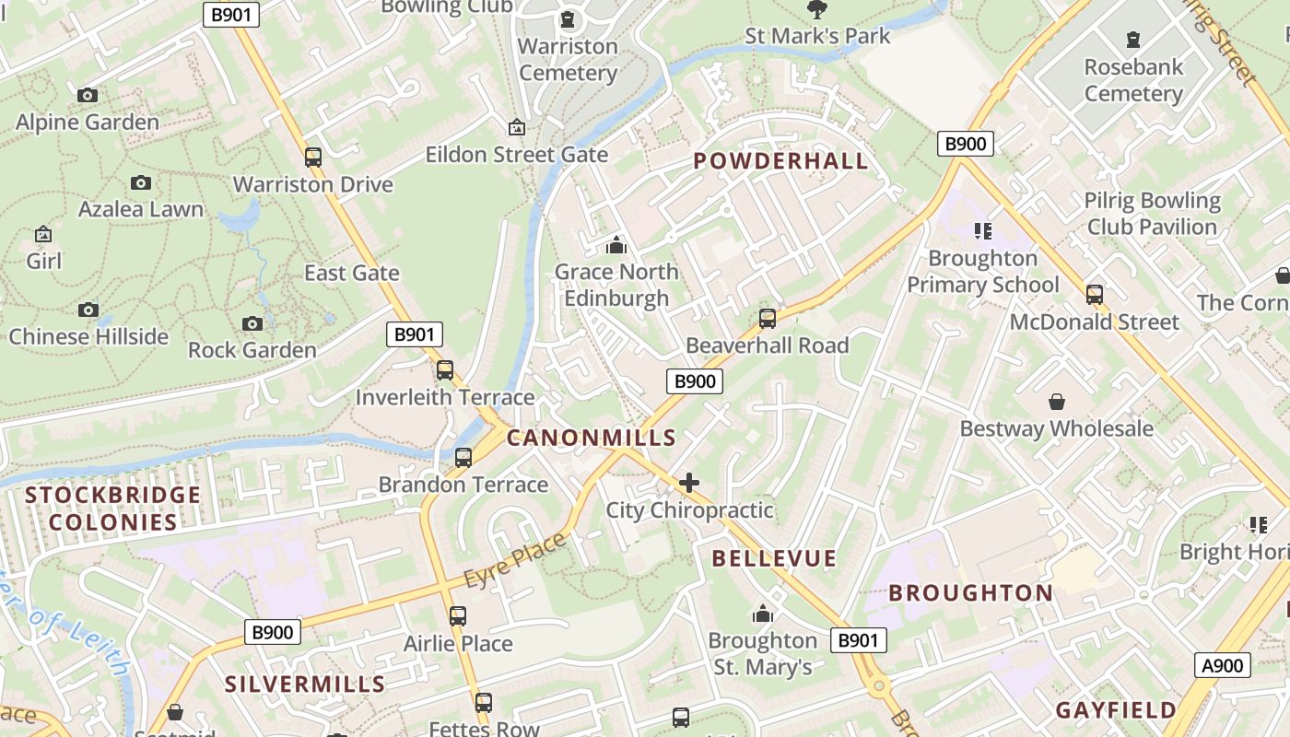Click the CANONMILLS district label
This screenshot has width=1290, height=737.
(592, 439)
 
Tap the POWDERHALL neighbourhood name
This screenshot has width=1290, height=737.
(780, 161)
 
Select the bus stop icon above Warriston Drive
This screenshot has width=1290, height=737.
(313, 157)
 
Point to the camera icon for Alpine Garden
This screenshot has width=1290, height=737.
(88, 95)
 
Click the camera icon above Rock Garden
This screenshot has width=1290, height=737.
(252, 323)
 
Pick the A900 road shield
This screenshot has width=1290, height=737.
(1223, 665)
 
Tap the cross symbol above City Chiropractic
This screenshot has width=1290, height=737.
(688, 483)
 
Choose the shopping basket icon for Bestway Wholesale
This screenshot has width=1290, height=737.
(1057, 402)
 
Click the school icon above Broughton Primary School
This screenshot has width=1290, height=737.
(982, 230)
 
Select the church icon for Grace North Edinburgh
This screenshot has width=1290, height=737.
(616, 245)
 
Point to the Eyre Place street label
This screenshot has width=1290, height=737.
(515, 562)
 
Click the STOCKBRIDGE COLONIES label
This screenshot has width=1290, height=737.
(113, 509)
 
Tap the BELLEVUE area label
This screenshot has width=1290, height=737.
(774, 558)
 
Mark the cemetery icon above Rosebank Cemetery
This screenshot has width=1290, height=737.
(1132, 40)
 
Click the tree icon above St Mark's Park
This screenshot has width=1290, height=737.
(816, 10)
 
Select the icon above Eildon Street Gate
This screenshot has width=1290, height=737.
(517, 127)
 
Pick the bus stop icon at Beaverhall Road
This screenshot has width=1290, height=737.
(768, 319)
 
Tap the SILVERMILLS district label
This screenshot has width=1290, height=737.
(305, 684)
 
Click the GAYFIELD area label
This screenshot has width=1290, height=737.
(1116, 710)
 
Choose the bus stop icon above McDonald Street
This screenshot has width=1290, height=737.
(1095, 295)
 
